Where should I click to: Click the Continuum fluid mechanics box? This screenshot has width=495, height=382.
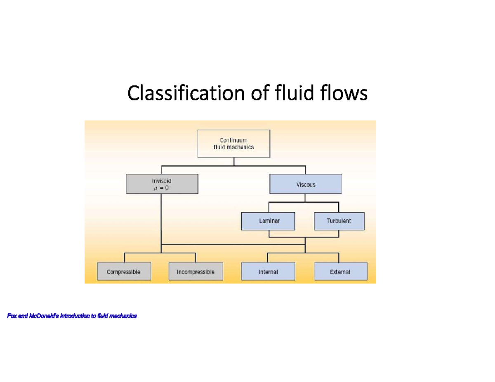[234, 143]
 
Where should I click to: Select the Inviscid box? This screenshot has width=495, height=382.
[162, 184]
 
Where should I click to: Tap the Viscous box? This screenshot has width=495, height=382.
[306, 184]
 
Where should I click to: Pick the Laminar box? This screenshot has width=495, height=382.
[269, 221]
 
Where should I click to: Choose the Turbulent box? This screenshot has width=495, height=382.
[339, 221]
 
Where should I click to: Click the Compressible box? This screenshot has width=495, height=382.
[124, 272]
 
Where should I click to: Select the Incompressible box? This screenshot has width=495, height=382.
[196, 272]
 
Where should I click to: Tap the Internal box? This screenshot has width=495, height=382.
[268, 272]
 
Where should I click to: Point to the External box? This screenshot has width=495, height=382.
[340, 272]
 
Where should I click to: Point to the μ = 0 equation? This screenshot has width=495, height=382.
[161, 187]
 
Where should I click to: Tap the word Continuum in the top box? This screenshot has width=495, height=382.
[233, 141]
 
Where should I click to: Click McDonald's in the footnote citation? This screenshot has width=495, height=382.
[43, 316]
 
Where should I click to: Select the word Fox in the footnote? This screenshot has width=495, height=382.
[12, 316]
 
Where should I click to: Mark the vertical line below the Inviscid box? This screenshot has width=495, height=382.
[161, 218]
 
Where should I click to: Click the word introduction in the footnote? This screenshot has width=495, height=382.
[75, 316]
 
